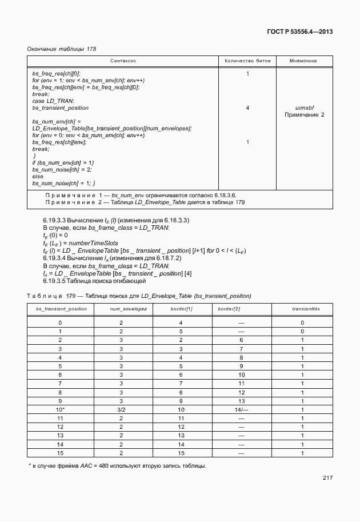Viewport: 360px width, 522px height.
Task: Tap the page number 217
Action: coord(327,477)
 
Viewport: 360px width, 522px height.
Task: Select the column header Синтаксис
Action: coord(123,60)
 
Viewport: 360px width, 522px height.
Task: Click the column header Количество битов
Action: coord(247,60)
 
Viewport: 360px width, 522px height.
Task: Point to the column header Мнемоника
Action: coord(304,60)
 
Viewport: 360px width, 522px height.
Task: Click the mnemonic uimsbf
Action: coord(304,107)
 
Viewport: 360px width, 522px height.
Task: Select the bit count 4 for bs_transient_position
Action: coord(247,107)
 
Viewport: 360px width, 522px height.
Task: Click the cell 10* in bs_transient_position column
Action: coord(61,410)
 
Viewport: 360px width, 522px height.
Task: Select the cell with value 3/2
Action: coord(121,410)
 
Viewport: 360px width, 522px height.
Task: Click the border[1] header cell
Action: coord(181,309)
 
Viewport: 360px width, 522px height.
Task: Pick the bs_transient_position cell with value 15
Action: coord(60,453)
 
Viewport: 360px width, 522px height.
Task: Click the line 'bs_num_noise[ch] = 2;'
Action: coord(62,170)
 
